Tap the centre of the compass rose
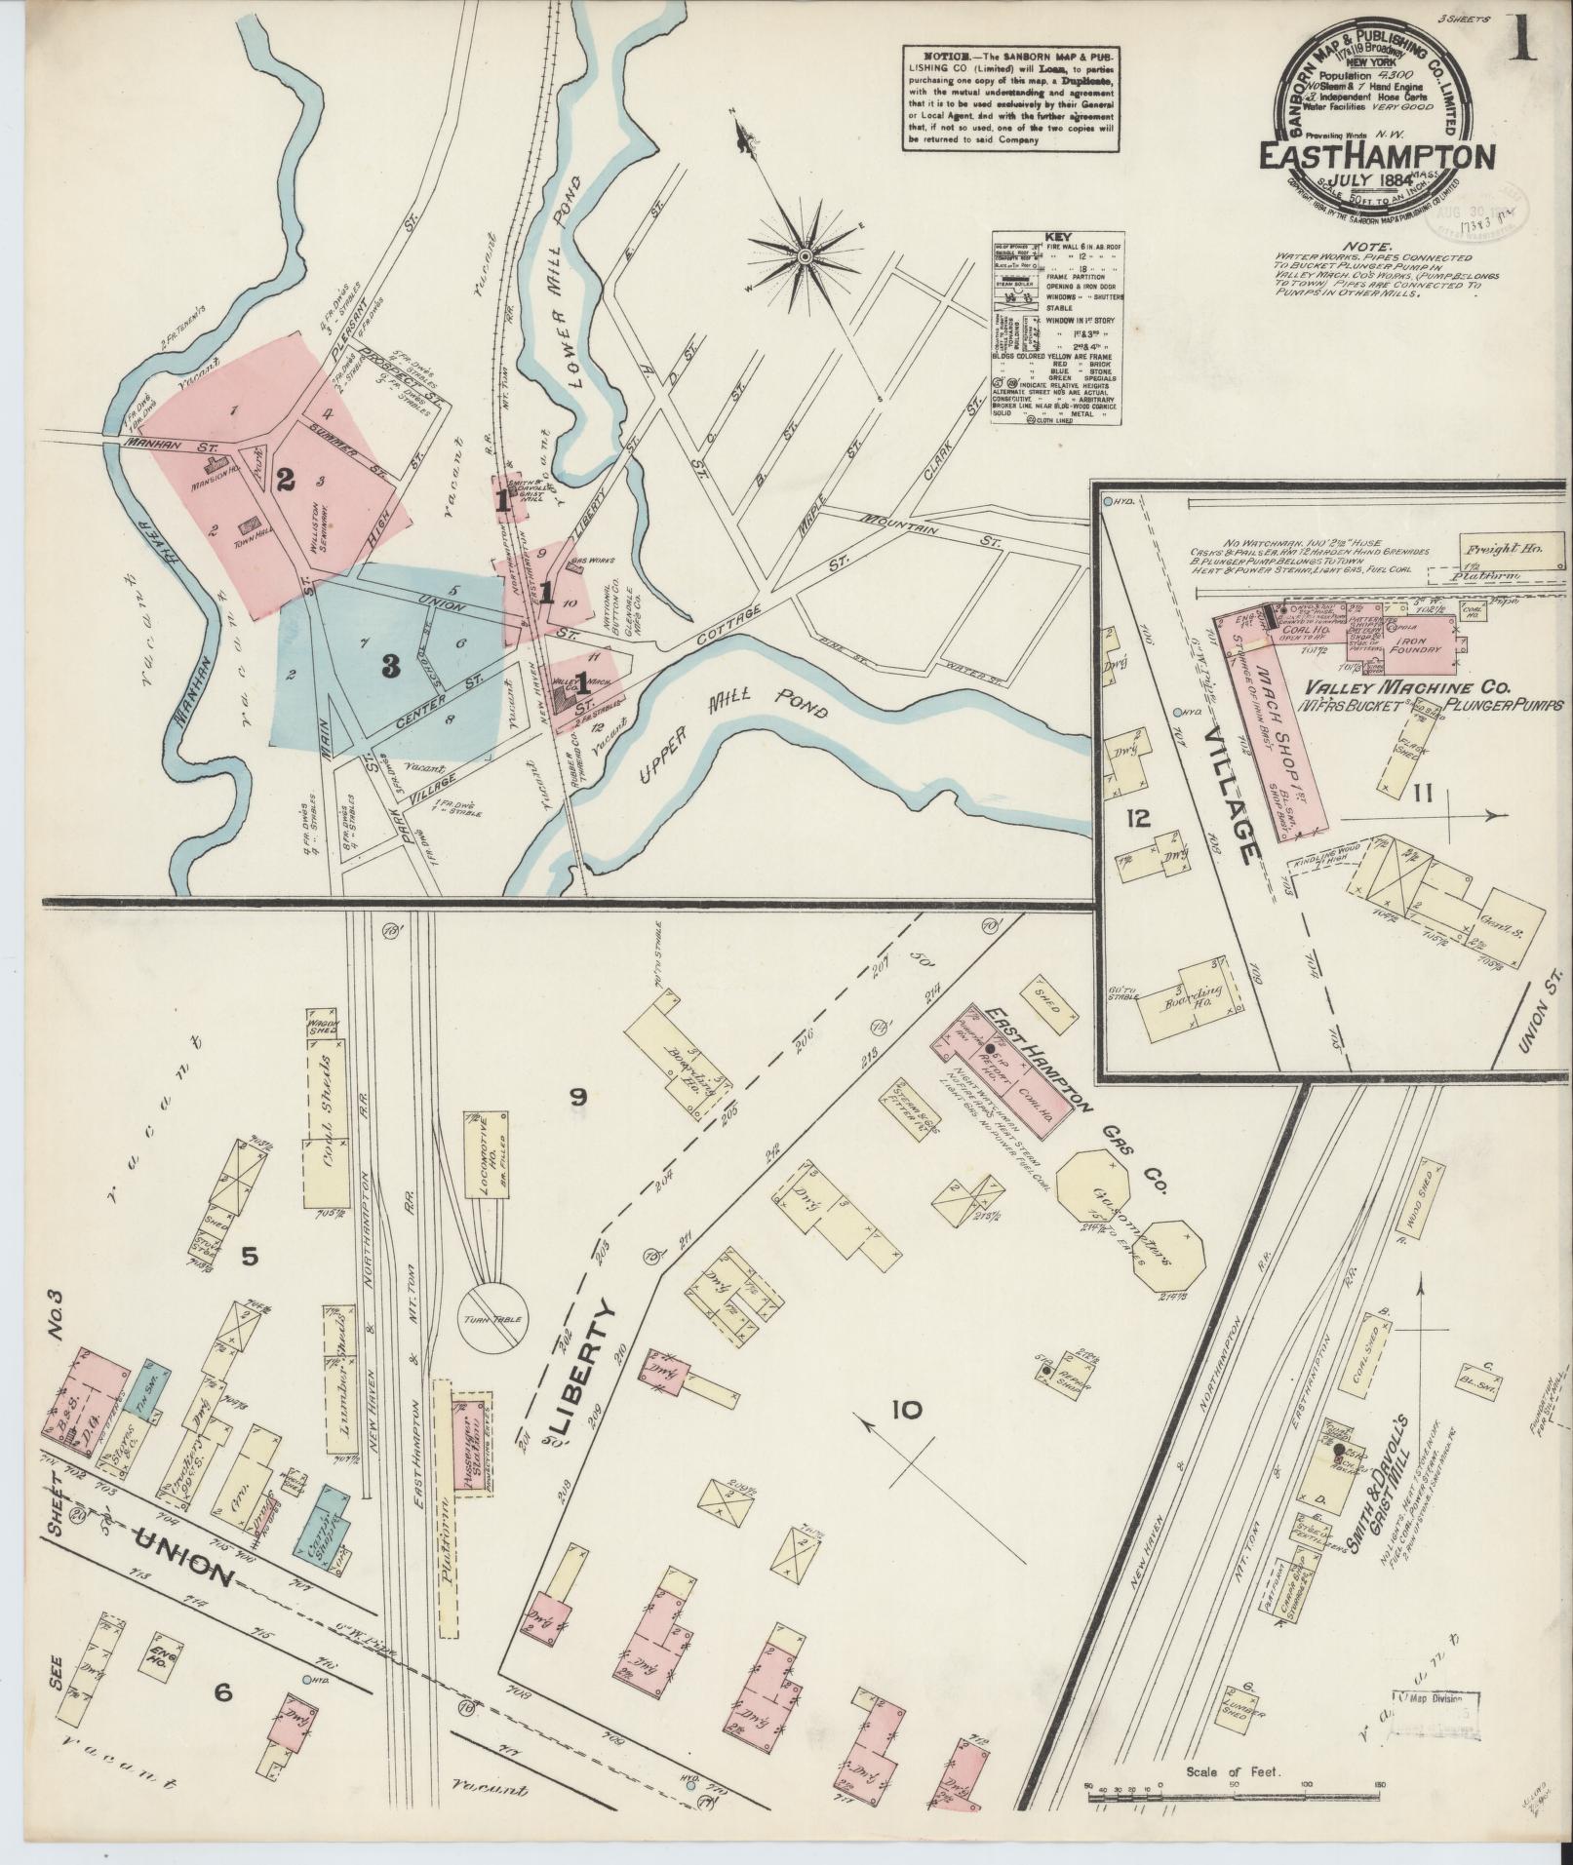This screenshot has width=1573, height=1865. point(805,256)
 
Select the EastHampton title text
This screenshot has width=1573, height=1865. point(1376,156)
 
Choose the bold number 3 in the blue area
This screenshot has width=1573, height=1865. point(390,666)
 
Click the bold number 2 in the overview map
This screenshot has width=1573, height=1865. point(285,479)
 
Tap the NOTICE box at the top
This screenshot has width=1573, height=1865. point(1009,97)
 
